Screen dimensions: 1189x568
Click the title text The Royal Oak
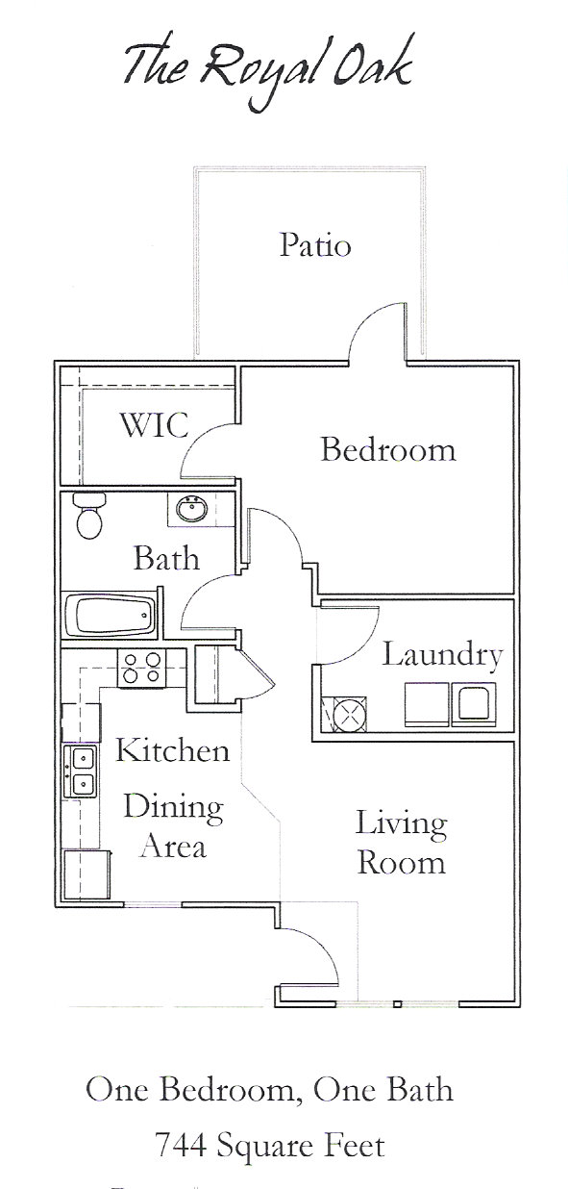tap(267, 67)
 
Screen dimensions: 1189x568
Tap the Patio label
tap(315, 245)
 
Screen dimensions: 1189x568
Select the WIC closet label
tap(153, 425)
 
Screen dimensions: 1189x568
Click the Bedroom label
tap(387, 449)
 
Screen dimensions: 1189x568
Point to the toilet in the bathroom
tap(89, 517)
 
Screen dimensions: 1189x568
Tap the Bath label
tap(166, 558)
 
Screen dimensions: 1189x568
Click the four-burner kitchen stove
tap(141, 667)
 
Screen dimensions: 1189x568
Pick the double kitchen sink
tap(81, 772)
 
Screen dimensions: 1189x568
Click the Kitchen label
tap(172, 750)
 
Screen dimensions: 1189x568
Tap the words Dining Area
tap(173, 826)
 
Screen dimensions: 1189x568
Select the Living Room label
tap(401, 842)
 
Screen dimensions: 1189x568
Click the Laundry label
tap(442, 656)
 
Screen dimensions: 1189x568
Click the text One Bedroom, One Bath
tap(270, 1090)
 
